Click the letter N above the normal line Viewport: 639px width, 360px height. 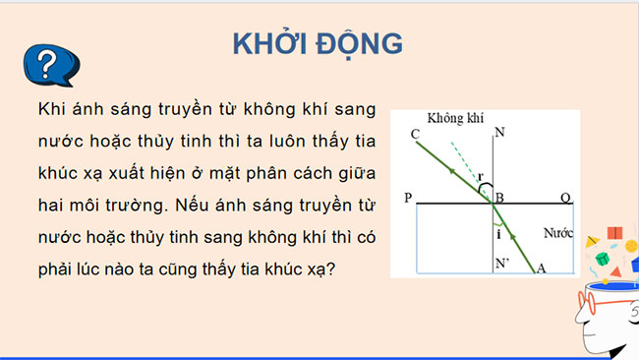tap(501, 132)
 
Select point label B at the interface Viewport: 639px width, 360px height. tap(501, 198)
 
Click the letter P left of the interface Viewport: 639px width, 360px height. tap(409, 199)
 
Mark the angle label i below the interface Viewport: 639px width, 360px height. tap(496, 236)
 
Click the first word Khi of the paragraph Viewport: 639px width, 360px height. tap(48, 109)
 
